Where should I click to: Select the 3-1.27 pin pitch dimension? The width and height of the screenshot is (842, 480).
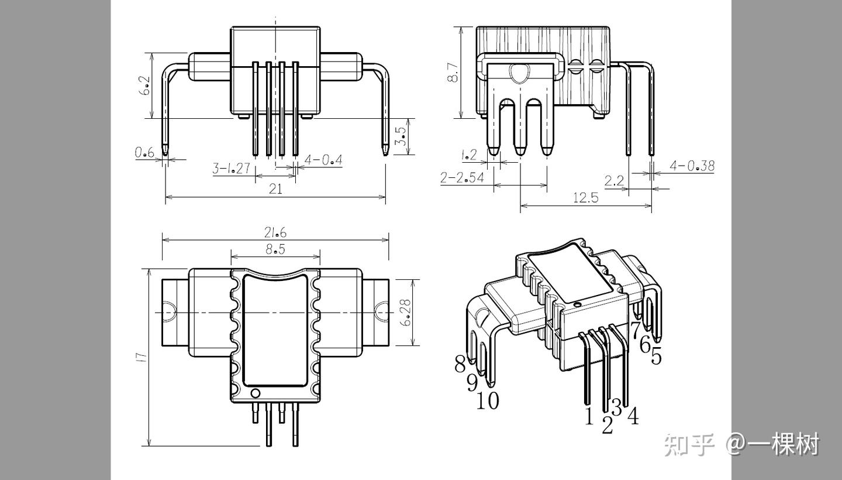click(x=231, y=169)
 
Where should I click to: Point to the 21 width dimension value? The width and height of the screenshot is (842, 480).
click(x=275, y=188)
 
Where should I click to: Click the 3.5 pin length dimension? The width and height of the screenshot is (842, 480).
click(x=401, y=136)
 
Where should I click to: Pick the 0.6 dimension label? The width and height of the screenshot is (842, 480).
click(x=144, y=152)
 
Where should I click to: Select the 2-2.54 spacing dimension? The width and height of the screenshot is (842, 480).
click(x=463, y=178)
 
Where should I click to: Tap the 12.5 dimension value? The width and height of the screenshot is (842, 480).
click(x=585, y=197)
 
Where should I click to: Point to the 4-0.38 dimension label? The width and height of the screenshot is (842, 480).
click(x=692, y=166)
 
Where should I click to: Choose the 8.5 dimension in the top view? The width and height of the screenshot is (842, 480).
click(x=275, y=249)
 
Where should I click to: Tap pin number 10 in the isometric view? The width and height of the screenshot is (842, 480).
click(x=488, y=401)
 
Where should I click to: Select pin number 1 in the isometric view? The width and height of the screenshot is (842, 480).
click(x=589, y=416)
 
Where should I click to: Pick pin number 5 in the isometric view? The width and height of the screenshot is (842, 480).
click(x=656, y=355)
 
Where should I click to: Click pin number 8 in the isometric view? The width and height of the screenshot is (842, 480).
click(x=461, y=364)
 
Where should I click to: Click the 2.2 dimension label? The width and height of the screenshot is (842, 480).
click(x=614, y=181)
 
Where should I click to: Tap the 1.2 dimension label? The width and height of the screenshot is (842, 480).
click(x=469, y=155)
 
